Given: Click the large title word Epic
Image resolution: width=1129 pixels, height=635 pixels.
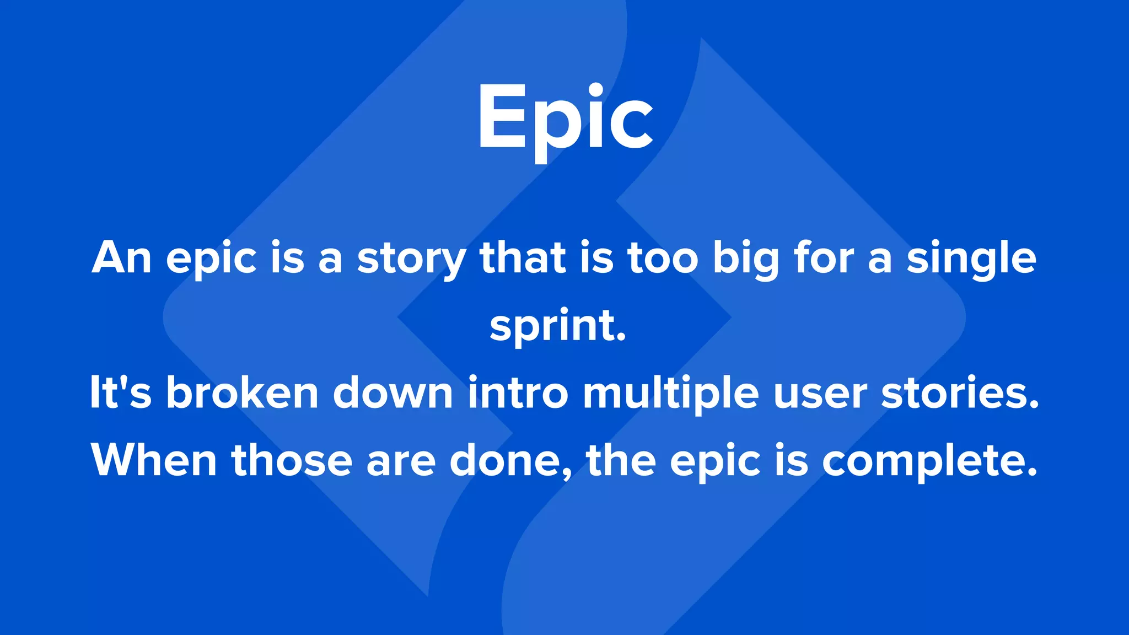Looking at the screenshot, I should pyautogui.click(x=565, y=118).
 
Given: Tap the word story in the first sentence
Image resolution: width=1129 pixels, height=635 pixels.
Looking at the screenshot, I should pyautogui.click(x=411, y=259).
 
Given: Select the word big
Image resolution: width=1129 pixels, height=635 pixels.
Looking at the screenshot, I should pyautogui.click(x=746, y=259).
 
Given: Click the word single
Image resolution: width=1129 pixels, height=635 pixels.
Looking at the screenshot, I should pyautogui.click(x=971, y=259).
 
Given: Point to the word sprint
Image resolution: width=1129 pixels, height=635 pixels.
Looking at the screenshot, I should pyautogui.click(x=557, y=326).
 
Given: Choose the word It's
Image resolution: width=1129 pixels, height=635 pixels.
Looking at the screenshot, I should pyautogui.click(x=120, y=392).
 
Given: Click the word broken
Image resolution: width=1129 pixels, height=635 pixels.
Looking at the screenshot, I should pyautogui.click(x=243, y=392).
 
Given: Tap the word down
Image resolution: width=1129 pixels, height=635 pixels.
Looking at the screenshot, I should pyautogui.click(x=393, y=392).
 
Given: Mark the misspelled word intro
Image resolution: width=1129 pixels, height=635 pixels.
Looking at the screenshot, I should pyautogui.click(x=518, y=392).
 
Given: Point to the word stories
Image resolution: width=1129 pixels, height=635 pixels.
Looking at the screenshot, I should pyautogui.click(x=960, y=392).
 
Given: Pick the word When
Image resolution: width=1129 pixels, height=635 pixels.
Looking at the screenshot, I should pyautogui.click(x=154, y=460).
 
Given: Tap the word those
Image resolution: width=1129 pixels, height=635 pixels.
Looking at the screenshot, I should pyautogui.click(x=292, y=460).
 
